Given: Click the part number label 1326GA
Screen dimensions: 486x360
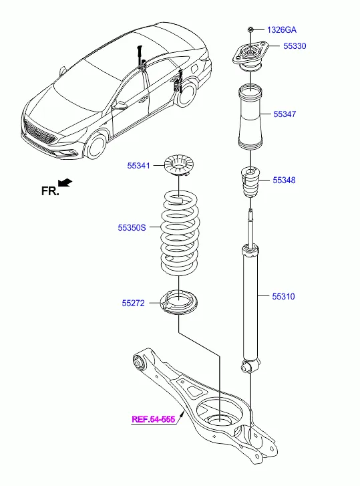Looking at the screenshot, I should (282, 30).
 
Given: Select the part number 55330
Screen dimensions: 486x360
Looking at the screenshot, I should (294, 46).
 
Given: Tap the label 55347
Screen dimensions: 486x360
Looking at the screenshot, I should (285, 114).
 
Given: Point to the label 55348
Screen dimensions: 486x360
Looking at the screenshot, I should (284, 180).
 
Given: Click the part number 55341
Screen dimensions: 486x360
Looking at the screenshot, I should (139, 165).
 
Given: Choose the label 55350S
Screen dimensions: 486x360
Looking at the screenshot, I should (132, 228).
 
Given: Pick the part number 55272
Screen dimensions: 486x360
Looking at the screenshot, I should (133, 303).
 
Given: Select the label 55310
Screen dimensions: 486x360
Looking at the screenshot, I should (283, 295).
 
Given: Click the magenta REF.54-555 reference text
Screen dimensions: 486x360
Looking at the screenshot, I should (153, 419).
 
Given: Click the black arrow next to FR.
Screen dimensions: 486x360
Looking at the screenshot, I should (65, 182).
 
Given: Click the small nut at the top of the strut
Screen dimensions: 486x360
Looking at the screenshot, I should (249, 29).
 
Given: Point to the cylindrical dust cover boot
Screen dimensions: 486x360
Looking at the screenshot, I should (250, 117).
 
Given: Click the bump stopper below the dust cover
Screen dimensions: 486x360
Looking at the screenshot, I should (250, 182).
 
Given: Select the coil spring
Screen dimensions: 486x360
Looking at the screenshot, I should (178, 234).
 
